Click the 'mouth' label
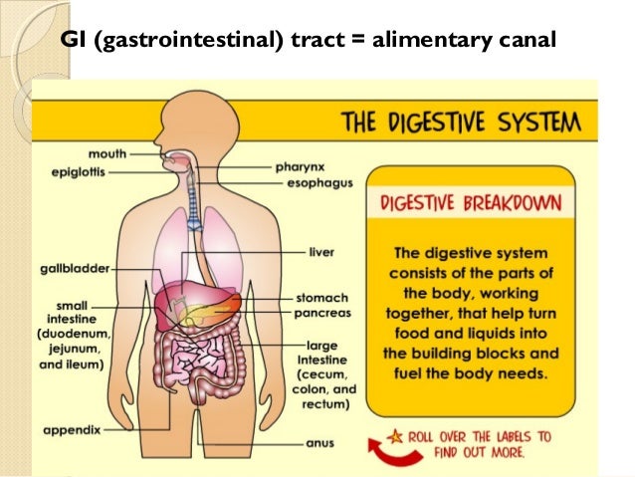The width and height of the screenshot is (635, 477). (x=106, y=154)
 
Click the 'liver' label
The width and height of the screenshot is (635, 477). (x=320, y=251)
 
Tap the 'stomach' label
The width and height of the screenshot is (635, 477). (x=321, y=297)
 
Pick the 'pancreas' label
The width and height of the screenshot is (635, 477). (x=323, y=312)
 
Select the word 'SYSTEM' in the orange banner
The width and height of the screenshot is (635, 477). (x=540, y=124)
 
